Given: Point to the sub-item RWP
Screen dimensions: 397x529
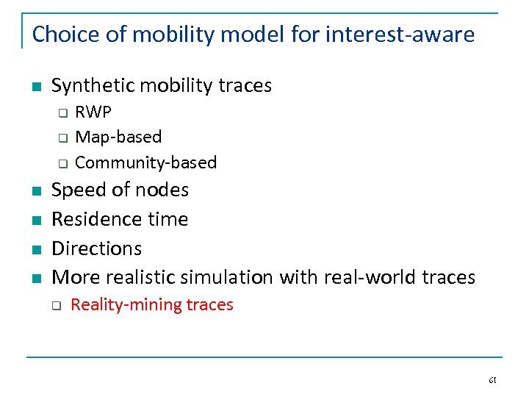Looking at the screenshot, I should [x=93, y=112].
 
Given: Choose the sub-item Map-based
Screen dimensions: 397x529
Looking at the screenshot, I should [x=118, y=137].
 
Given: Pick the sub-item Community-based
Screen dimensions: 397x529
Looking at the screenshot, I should [x=145, y=162].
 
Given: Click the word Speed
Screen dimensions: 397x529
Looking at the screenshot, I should [x=78, y=190].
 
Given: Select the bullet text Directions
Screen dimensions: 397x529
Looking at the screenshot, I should [x=96, y=248].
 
